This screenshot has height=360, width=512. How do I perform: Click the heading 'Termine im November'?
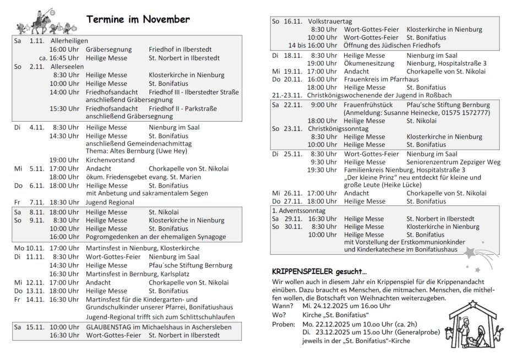coord(138,20)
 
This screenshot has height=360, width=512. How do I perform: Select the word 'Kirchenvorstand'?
coord(111,160)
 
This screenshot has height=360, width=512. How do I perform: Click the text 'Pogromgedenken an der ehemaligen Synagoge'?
coord(156,237)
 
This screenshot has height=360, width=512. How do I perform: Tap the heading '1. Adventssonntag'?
coord(299,210)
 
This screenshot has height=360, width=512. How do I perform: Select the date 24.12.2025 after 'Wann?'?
coord(321,306)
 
